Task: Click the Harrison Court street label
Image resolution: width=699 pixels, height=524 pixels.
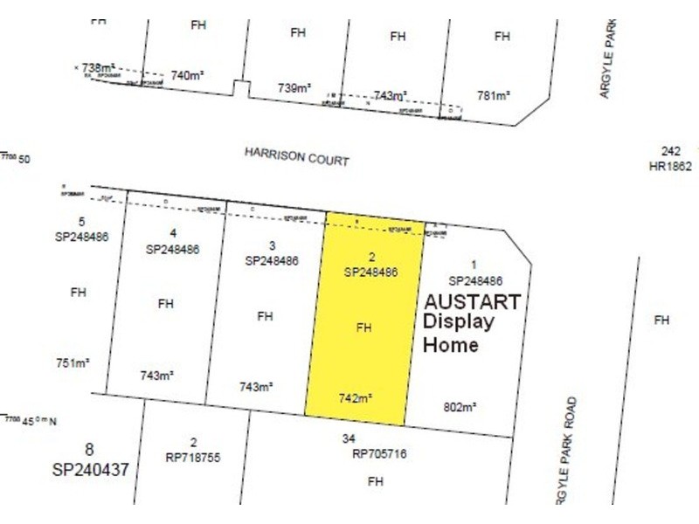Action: [296, 156]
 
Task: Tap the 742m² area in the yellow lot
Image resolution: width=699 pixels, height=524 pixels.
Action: [356, 398]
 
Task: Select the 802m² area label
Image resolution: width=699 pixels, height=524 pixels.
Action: [459, 406]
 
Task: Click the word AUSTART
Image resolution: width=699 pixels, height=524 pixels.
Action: [472, 302]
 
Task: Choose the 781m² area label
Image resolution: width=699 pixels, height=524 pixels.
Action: [493, 94]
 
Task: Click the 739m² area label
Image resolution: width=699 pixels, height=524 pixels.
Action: [294, 87]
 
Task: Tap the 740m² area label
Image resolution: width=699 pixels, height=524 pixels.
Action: [187, 76]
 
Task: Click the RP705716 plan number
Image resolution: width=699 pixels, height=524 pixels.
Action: [379, 453]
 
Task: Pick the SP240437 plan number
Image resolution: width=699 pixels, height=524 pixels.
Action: [90, 470]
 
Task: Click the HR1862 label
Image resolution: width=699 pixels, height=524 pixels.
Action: [670, 166]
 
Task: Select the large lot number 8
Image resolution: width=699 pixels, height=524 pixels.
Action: [89, 450]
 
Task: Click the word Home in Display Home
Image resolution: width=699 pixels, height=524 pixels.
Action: [450, 345]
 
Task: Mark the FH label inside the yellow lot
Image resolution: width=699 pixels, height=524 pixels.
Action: [364, 328]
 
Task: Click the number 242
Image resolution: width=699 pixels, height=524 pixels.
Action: [670, 151]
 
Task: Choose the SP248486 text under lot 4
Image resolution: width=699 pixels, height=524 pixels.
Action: [172, 248]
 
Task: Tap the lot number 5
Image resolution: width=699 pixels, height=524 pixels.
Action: [81, 221]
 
